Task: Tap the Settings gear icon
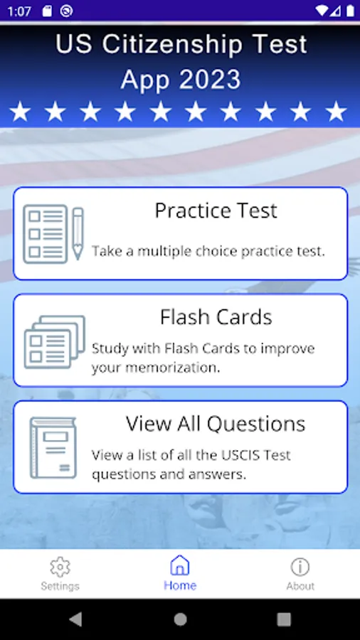click(x=60, y=567)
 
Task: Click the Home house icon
click(x=180, y=565)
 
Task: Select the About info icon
click(x=300, y=567)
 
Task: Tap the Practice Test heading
click(x=216, y=210)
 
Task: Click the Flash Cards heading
click(x=216, y=317)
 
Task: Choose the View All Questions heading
click(x=216, y=424)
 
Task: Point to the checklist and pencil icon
click(x=53, y=234)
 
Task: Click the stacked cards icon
click(x=55, y=341)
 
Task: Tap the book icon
click(x=53, y=448)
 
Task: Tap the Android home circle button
click(x=180, y=619)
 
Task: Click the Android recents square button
click(x=284, y=619)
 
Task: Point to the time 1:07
click(x=19, y=11)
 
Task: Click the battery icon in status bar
click(x=350, y=11)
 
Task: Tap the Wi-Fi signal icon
click(x=322, y=11)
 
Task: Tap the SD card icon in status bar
click(x=47, y=11)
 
